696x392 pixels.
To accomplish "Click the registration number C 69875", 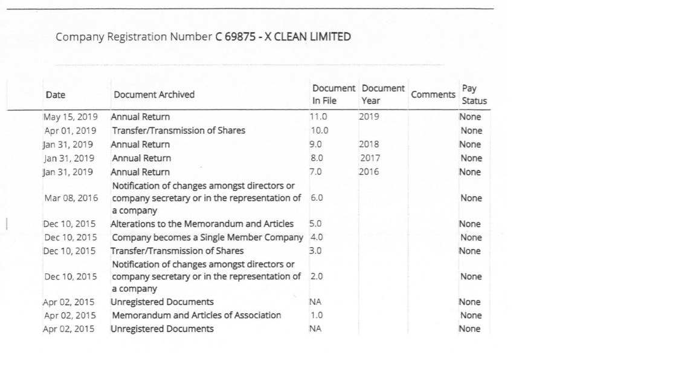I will coord(236,37).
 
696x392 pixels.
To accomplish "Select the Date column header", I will coord(56,95).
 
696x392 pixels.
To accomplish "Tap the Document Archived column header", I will coord(154,95).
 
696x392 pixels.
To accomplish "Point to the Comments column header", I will coord(433,95).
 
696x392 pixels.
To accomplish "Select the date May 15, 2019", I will coord(69,117).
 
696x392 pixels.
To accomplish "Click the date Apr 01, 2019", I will coord(70,131).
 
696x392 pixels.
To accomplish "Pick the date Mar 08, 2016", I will coord(71,198).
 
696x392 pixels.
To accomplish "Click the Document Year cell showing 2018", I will coord(369,145).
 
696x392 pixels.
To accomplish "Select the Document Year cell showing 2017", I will coord(370,158).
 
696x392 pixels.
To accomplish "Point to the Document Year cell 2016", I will coord(369,172).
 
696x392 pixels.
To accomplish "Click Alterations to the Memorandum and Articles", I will coord(202,224).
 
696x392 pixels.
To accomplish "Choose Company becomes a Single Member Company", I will coord(207,237).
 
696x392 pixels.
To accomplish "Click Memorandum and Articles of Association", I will coord(196,315).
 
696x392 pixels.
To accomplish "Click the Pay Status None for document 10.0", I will coord(471,131).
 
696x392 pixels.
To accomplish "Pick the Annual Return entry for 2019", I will coord(140,117).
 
